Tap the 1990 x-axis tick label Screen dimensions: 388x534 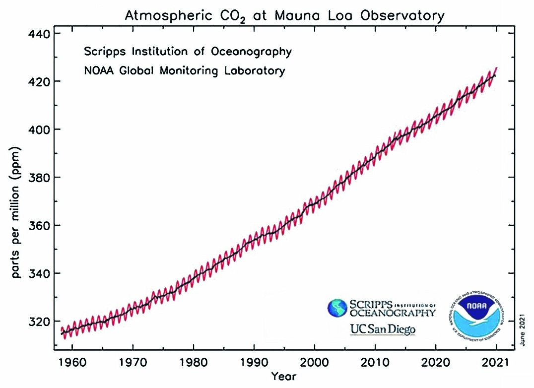(254, 361)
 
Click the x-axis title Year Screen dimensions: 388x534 (284, 377)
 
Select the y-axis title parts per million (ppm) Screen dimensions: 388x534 (16, 212)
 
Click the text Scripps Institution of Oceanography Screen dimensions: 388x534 (188, 52)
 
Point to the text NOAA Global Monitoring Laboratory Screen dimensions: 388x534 (185, 70)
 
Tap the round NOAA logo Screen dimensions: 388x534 (478, 318)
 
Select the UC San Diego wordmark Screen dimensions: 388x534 (383, 329)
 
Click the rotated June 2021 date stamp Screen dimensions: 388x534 (522, 327)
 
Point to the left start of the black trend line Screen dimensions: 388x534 (62, 333)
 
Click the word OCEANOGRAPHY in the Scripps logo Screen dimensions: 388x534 (393, 313)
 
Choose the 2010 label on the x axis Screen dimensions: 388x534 (375, 361)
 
